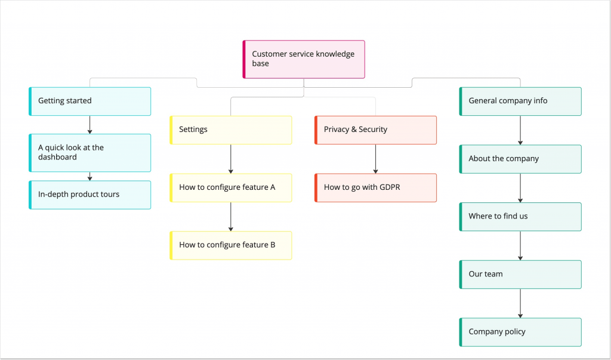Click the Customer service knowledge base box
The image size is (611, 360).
click(x=304, y=59)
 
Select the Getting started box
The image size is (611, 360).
click(x=90, y=101)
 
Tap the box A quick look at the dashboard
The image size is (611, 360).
click(x=90, y=153)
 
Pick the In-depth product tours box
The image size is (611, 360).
click(x=90, y=195)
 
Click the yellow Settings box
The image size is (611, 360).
click(x=231, y=130)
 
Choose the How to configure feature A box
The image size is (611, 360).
click(x=231, y=187)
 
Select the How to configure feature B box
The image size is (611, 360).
click(x=231, y=245)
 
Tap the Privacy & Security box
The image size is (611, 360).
click(x=376, y=130)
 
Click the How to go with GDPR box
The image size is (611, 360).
click(x=376, y=187)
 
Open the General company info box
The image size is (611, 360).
click(x=520, y=101)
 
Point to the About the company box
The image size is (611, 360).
click(x=520, y=159)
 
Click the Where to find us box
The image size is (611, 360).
click(x=520, y=217)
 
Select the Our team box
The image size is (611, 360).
click(x=520, y=274)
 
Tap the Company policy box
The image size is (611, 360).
click(x=520, y=332)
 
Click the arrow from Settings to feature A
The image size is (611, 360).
click(x=231, y=159)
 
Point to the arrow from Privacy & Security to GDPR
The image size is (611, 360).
click(x=375, y=159)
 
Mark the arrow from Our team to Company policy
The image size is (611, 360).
click(x=520, y=303)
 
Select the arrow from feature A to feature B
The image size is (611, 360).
click(x=231, y=217)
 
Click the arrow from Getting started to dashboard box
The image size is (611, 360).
click(x=90, y=124)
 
